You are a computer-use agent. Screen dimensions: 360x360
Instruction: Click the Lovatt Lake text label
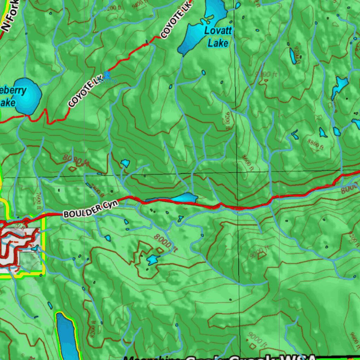tap(218, 37)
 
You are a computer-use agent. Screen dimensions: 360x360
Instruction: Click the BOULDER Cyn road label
tap(90, 210)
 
